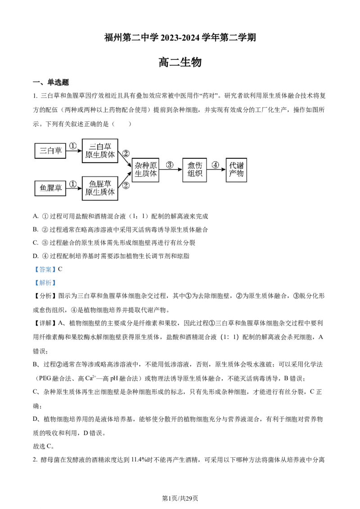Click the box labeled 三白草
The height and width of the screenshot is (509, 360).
click(50, 151)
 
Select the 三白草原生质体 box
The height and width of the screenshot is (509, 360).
click(100, 151)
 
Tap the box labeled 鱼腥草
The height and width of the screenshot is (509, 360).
click(50, 188)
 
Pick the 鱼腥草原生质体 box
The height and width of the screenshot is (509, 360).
click(100, 188)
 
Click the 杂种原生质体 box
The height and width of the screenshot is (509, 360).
click(146, 170)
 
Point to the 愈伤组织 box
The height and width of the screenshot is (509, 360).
click(194, 170)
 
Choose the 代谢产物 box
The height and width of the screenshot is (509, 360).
click(236, 170)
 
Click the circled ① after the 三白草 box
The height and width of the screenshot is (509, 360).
click(73, 146)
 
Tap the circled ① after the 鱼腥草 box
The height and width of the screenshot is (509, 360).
click(73, 183)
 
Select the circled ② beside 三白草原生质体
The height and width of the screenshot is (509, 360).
click(126, 153)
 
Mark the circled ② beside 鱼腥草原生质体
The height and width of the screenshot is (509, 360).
click(126, 185)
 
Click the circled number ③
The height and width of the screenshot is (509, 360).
click(170, 165)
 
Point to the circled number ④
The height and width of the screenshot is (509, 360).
click(216, 165)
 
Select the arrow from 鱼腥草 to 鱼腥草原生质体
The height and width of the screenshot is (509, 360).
click(74, 189)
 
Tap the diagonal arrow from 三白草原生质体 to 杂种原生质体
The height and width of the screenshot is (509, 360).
click(125, 161)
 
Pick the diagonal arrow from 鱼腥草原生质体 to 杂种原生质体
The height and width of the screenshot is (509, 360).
click(125, 179)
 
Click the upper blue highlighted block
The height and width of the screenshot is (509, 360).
click(45, 270)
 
